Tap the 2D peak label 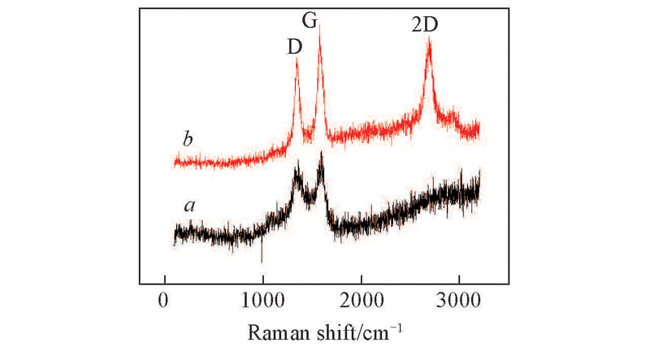pos(424,25)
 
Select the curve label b pos(188,139)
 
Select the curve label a pos(189,206)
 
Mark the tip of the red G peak pos(319,26)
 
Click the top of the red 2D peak pos(429,38)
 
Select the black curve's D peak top pos(297,163)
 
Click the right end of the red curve pos(479,127)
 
